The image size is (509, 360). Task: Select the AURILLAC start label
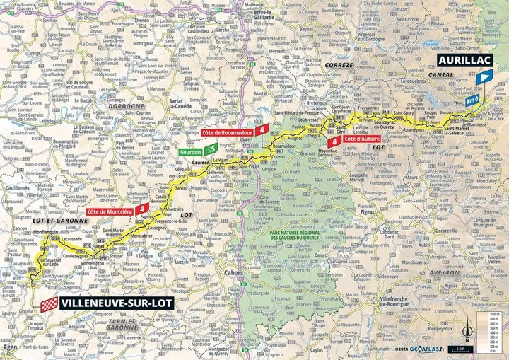tap(463, 62)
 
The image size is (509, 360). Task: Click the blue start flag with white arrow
tap(480, 80)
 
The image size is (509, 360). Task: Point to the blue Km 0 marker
tap(472, 101)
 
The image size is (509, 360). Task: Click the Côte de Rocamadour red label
tap(226, 132)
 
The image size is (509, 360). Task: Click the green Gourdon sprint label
tap(189, 151)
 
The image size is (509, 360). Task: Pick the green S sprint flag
tap(211, 149)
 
